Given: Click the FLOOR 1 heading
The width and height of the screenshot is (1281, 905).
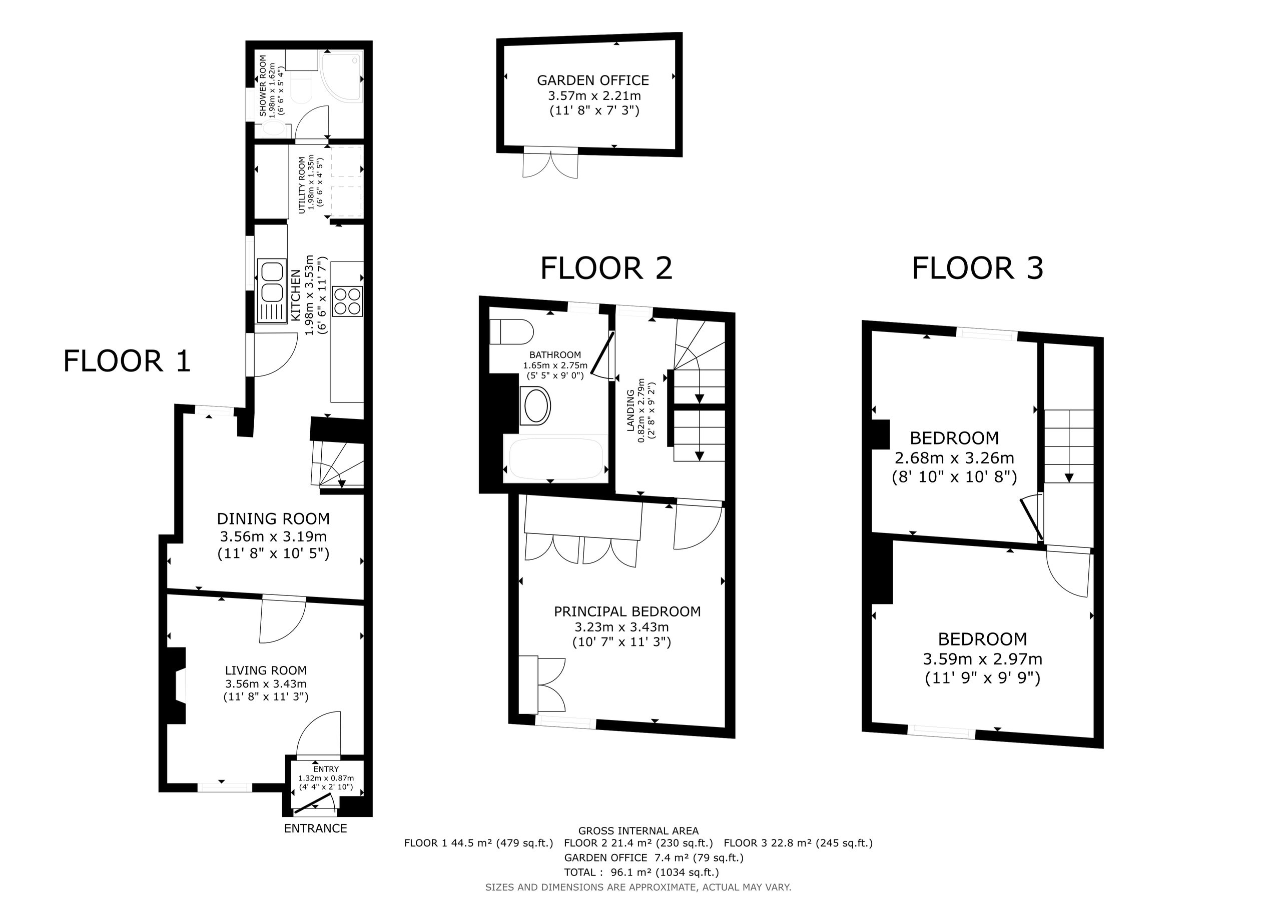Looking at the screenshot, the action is pos(127,361).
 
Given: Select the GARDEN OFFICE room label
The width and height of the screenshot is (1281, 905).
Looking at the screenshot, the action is pos(593,80).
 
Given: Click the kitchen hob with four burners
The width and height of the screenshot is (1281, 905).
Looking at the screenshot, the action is pos(347,301).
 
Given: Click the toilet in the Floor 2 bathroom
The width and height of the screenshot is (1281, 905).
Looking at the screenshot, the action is pos(511,332).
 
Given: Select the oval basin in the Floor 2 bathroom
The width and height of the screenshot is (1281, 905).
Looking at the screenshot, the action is pos(535,406).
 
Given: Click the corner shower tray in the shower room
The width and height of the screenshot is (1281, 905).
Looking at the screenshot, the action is pos(342,76).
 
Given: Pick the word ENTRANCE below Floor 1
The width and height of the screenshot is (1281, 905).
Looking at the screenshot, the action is pos(315,828).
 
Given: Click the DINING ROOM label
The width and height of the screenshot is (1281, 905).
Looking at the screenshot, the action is pos(273,518).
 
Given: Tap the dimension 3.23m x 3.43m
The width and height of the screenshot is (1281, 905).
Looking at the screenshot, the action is pos(622,627).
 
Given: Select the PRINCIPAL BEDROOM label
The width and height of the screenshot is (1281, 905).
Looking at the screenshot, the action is pos(627,611).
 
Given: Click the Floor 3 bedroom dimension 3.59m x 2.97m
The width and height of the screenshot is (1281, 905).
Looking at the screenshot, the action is pos(982,658).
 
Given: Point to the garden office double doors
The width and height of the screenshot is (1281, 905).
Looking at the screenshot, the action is pos(550,163).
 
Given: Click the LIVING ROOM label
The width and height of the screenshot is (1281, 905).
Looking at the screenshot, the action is pos(266,670).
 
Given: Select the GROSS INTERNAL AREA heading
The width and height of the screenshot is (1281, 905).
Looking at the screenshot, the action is pos(638,831).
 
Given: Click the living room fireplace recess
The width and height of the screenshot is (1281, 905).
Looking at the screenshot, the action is pos(178,686).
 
